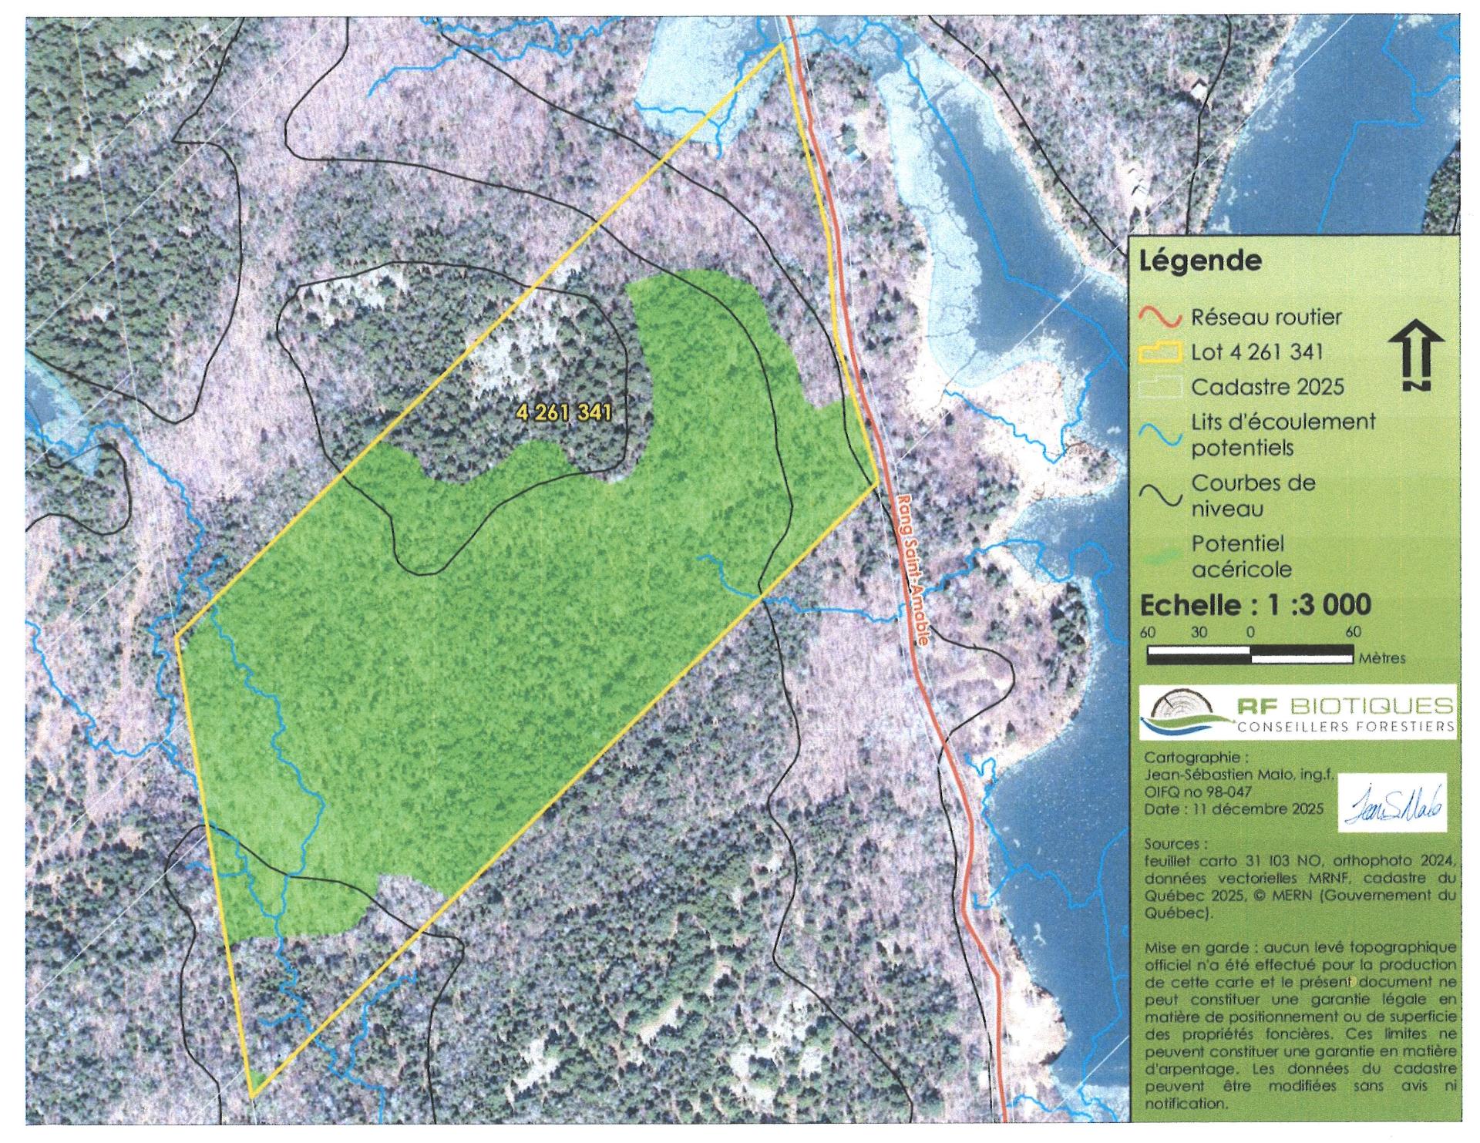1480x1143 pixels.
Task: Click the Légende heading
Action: [1200, 261]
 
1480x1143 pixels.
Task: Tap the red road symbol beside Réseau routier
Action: [1160, 318]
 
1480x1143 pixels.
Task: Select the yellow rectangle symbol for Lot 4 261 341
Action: [1160, 353]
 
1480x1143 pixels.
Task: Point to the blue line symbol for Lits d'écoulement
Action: [1160, 434]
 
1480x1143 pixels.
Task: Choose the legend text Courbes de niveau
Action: [1253, 496]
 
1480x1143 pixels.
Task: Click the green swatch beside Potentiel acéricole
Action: [1160, 556]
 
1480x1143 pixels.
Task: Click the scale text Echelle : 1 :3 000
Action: [1255, 604]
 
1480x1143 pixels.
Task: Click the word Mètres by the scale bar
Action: [1382, 658]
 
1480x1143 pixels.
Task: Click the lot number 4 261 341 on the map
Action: [564, 412]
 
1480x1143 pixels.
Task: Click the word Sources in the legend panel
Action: [1172, 844]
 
